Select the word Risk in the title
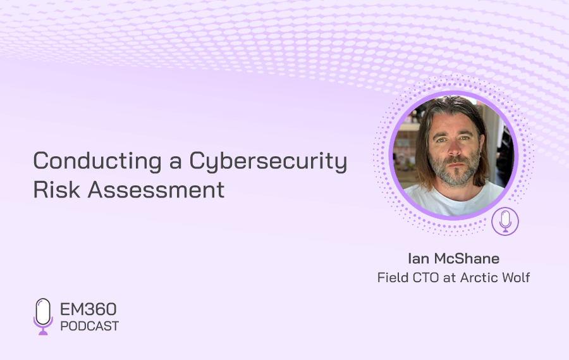click(57, 190)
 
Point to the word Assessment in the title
click(156, 190)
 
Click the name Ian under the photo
click(419, 259)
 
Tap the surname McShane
click(467, 259)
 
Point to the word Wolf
click(516, 278)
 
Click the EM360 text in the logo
click(88, 309)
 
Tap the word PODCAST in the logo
click(90, 326)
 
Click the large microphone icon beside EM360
click(43, 316)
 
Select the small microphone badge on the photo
click(505, 221)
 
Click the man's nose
click(453, 148)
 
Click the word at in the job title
click(450, 278)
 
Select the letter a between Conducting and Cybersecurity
click(176, 163)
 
